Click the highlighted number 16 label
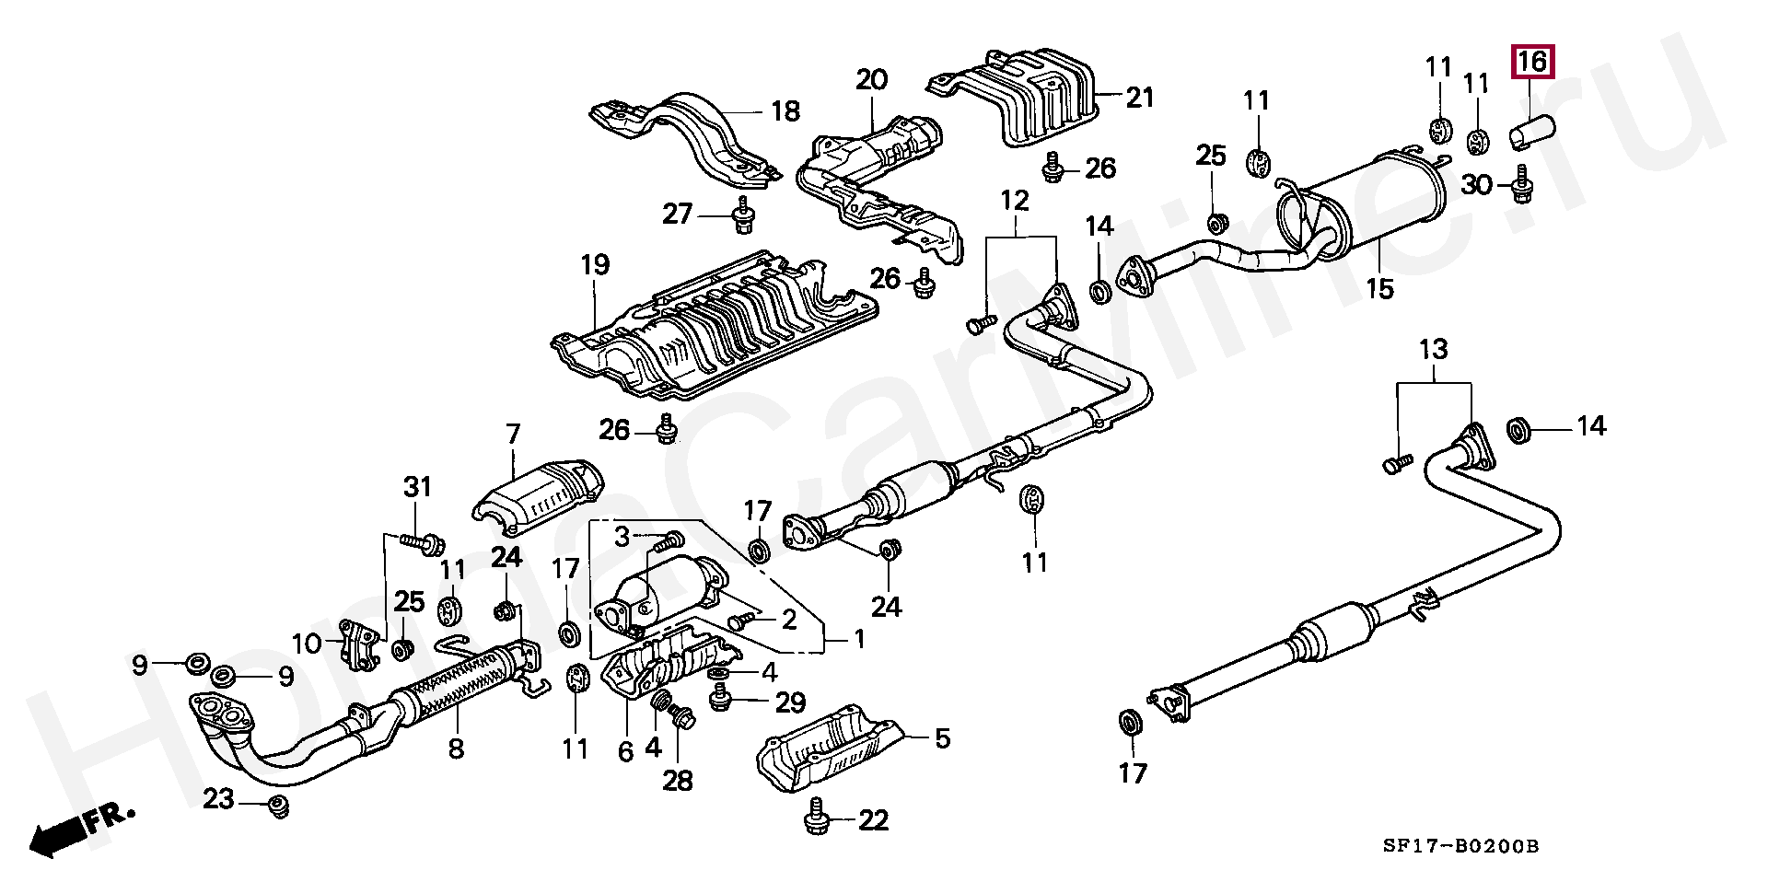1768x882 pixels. point(1531,63)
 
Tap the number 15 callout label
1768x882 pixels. point(1379,289)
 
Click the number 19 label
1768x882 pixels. point(595,265)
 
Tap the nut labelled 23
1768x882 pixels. point(276,807)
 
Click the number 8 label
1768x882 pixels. point(456,749)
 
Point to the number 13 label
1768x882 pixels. point(1433,350)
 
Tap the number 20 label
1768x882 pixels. point(871,80)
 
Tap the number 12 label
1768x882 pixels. point(1014,201)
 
